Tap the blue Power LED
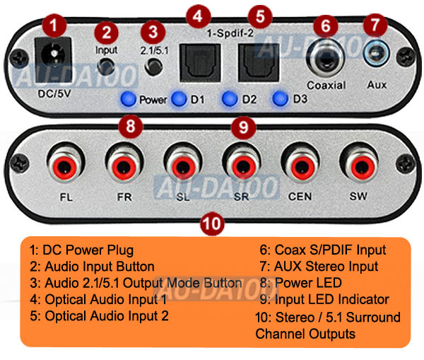(128, 98)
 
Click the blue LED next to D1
(179, 98)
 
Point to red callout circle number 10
(213, 223)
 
